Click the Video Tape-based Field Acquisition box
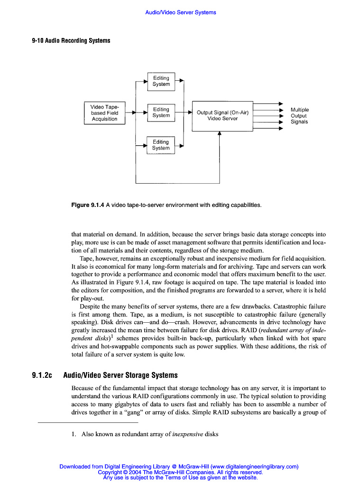[104, 113]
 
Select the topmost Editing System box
[161, 81]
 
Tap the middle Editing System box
[161, 112]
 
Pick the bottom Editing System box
[161, 145]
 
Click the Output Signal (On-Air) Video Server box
[222, 115]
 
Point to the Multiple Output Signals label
[299, 115]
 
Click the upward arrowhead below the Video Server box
[219, 134]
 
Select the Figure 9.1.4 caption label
[88, 205]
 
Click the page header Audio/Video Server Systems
[180, 12]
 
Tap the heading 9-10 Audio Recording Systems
[71, 41]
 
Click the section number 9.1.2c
[42, 375]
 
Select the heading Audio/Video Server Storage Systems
[120, 375]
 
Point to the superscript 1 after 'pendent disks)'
[111, 336]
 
